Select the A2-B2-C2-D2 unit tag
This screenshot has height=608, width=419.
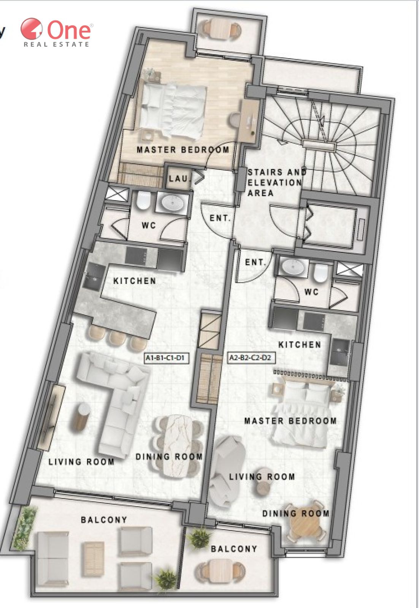pos(250,358)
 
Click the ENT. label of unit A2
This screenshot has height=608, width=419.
pos(255,262)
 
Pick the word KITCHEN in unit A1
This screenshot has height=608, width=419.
pos(135,281)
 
